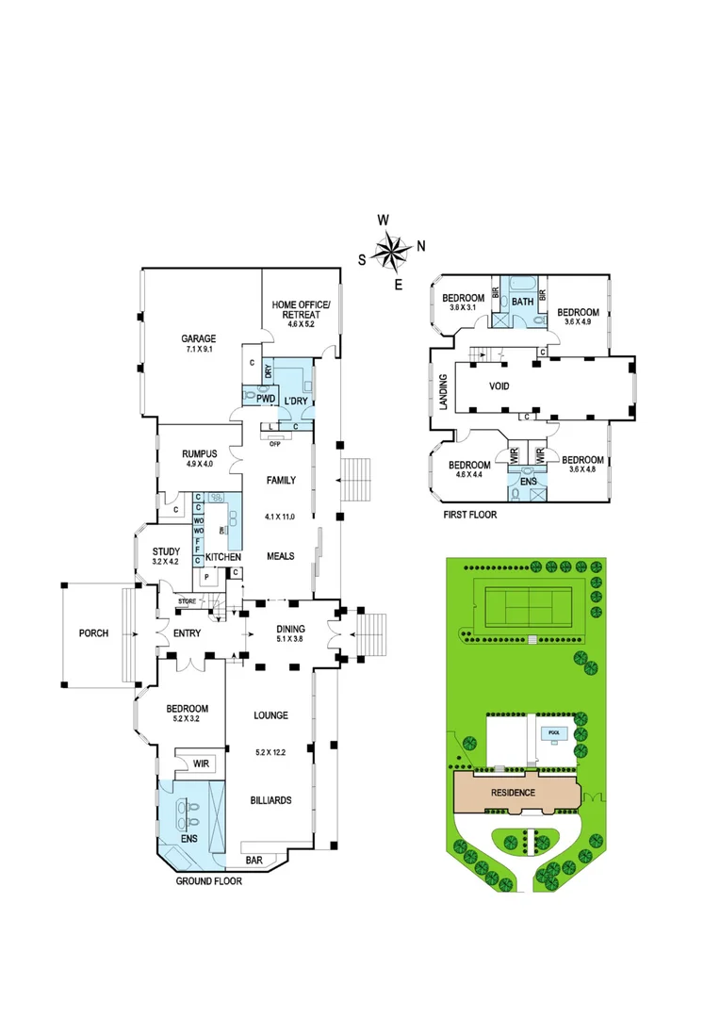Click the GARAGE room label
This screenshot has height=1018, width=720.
point(199,338)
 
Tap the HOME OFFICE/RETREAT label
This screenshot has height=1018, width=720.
point(296,309)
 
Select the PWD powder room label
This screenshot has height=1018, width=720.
point(254,399)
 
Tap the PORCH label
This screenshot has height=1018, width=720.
point(93,633)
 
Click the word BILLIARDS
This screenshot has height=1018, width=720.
point(270,800)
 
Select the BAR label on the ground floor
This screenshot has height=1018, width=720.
point(254,861)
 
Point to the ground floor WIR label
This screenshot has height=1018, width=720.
point(201,763)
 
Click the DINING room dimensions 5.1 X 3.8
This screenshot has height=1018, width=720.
point(290,640)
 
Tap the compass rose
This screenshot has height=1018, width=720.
point(391,251)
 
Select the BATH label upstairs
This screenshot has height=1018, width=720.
point(523,302)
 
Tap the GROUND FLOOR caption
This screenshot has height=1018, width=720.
point(209,881)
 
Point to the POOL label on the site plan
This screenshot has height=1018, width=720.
point(550,731)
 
